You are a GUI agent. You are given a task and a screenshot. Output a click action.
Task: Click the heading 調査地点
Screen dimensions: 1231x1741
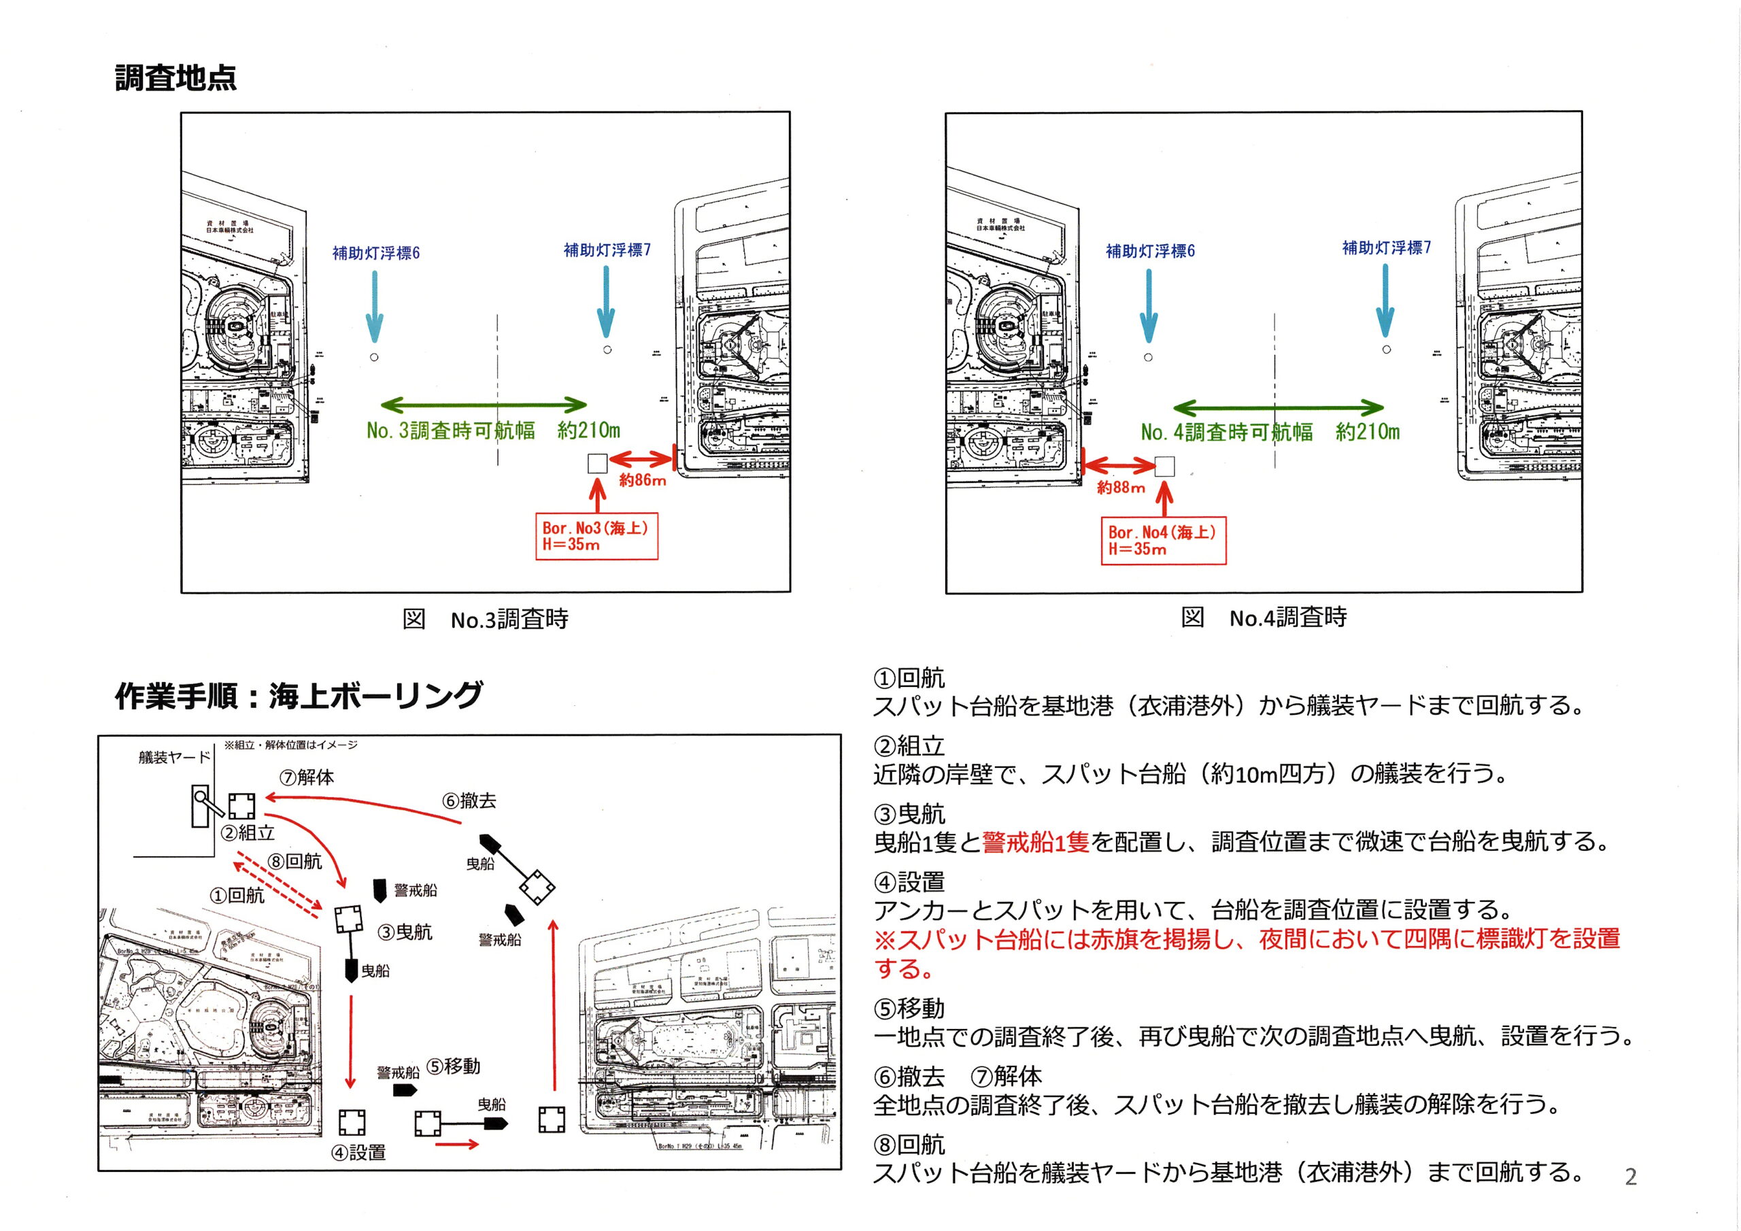pyautogui.click(x=175, y=78)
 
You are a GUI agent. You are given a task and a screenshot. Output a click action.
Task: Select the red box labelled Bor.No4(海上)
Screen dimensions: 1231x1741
pyautogui.click(x=1162, y=541)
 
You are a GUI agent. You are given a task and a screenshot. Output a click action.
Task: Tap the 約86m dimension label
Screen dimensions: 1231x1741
pyautogui.click(x=642, y=480)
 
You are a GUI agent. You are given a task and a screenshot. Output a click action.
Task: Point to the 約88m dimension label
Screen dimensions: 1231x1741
pyautogui.click(x=1120, y=488)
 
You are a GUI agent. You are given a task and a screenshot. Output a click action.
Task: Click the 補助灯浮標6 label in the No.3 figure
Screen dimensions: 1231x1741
pyautogui.click(x=375, y=253)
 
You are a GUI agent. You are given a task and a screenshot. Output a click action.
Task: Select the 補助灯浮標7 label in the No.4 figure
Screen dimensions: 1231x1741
pyautogui.click(x=1386, y=248)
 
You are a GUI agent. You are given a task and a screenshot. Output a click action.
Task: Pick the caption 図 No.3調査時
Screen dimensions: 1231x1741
pyautogui.click(x=486, y=620)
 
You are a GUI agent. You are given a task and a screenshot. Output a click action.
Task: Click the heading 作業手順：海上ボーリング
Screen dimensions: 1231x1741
pyautogui.click(x=298, y=696)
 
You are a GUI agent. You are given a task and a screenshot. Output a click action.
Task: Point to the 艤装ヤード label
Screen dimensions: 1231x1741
pyautogui.click(x=173, y=757)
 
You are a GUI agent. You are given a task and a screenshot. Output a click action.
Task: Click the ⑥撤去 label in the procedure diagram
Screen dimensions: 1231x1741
pyautogui.click(x=469, y=801)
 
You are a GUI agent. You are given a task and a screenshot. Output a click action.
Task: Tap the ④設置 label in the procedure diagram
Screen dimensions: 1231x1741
pyautogui.click(x=358, y=1152)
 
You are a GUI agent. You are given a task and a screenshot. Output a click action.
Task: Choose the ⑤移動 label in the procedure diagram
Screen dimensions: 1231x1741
pyautogui.click(x=453, y=1066)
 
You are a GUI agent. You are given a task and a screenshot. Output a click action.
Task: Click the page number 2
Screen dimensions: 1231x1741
pyautogui.click(x=1631, y=1177)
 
